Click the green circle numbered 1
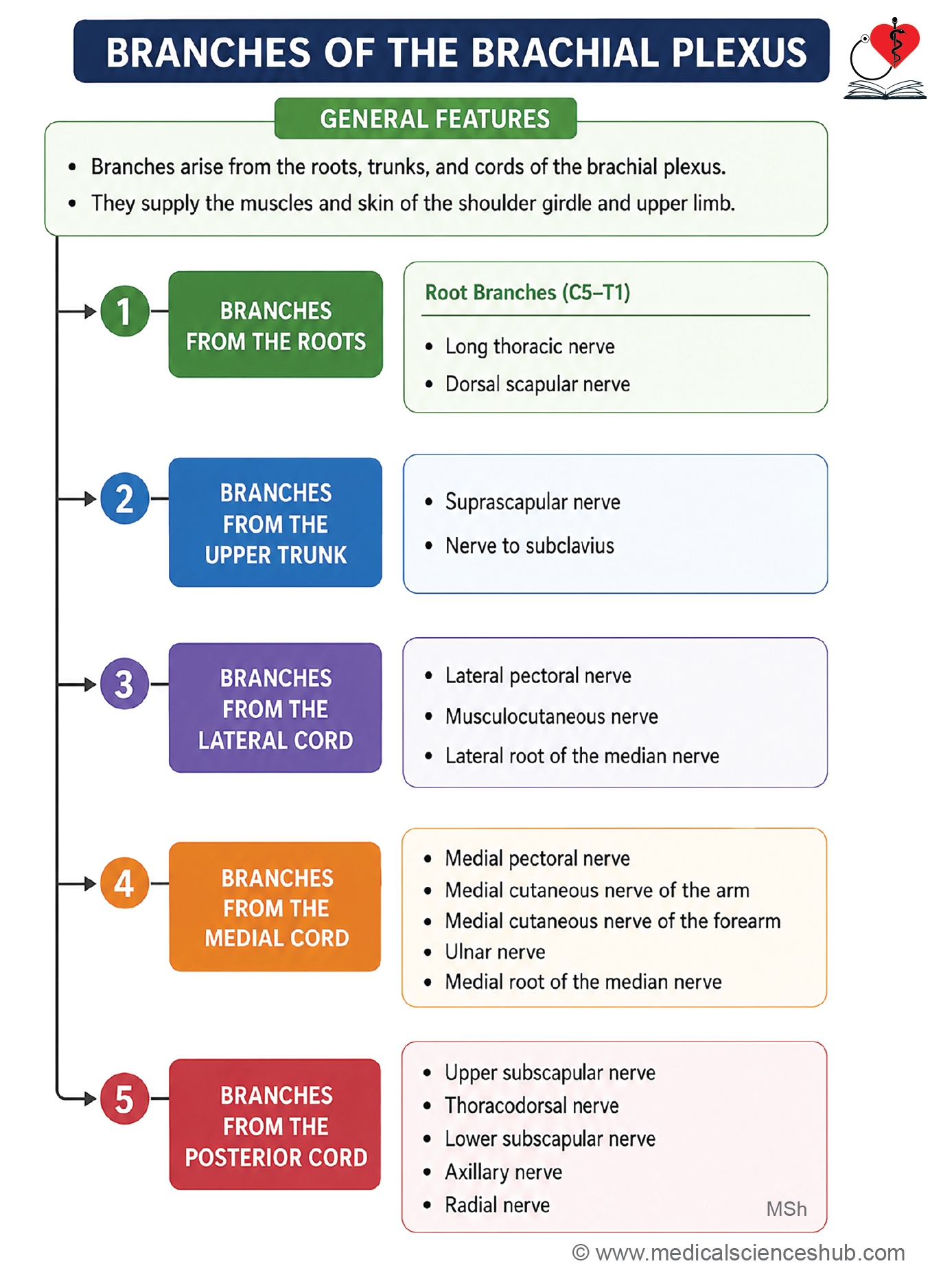[x=124, y=311]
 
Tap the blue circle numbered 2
[x=124, y=498]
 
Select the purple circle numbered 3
[x=124, y=684]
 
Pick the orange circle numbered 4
[x=124, y=883]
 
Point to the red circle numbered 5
[x=124, y=1098]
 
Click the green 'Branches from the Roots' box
[x=276, y=325]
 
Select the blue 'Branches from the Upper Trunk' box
[x=276, y=522]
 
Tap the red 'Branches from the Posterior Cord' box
[x=275, y=1125]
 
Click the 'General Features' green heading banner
[x=426, y=119]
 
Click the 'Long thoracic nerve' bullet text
[x=530, y=347]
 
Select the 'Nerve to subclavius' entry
[x=530, y=546]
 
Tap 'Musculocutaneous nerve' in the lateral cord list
[x=552, y=717]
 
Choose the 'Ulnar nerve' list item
[x=495, y=952]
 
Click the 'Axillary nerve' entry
[x=504, y=1172]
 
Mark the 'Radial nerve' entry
[x=498, y=1205]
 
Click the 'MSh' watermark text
[x=787, y=1209]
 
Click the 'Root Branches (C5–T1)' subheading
[x=528, y=292]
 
